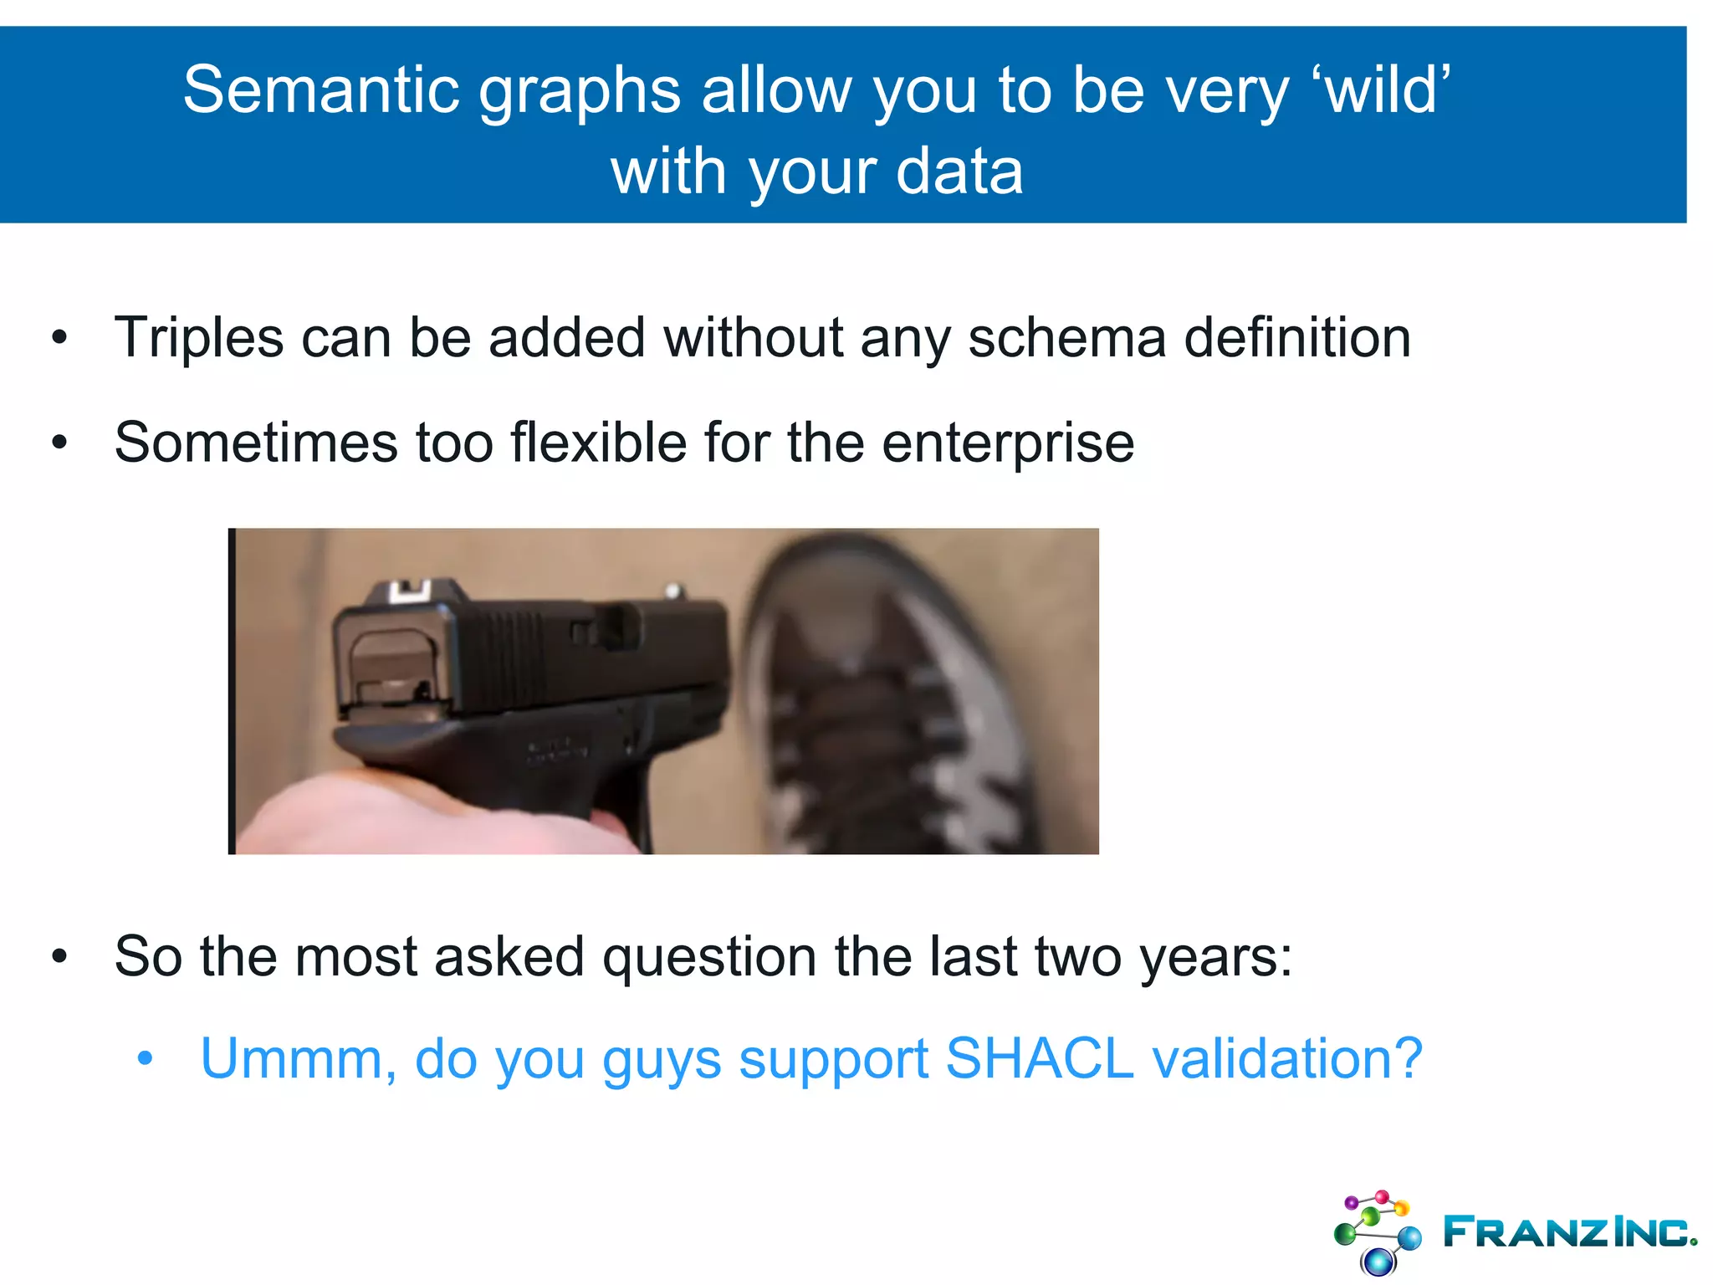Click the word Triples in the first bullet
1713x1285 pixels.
[199, 338]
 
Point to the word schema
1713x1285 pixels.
[1066, 338]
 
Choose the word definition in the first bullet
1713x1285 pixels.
[1297, 338]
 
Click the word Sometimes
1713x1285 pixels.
[256, 443]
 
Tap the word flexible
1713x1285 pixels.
[599, 443]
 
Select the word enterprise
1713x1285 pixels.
[1008, 444]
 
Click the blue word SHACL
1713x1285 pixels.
[1039, 1059]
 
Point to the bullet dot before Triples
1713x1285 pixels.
[59, 339]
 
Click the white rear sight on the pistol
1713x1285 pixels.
[409, 591]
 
